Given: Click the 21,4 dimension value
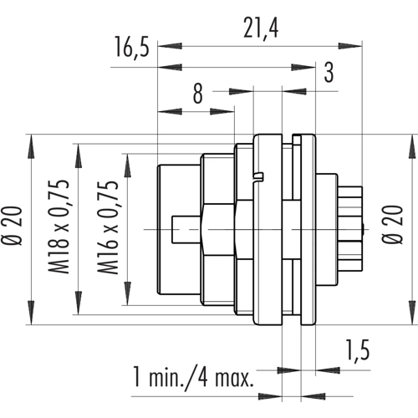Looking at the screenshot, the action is [x=261, y=28].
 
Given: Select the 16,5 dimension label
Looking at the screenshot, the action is [x=132, y=48].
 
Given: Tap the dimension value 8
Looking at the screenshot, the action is [x=198, y=94].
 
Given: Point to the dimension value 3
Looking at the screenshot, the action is [x=329, y=72].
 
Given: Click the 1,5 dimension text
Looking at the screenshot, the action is [x=358, y=350].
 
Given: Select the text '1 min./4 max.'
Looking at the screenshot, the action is [x=193, y=377].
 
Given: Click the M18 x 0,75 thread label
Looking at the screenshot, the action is [x=59, y=227].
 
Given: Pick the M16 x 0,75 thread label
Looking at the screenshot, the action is [x=108, y=227].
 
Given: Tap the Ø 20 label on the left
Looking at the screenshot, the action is [x=12, y=226].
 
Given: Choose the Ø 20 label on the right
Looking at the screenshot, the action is [x=393, y=225].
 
